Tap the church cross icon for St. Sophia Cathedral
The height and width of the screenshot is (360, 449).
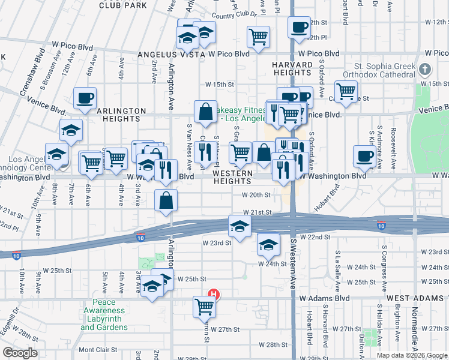pos(426,69)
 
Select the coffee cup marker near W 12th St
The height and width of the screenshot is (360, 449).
pos(299,26)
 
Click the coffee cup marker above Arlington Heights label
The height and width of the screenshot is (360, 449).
pos(85,97)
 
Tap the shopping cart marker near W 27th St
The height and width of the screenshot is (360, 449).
pos(204,306)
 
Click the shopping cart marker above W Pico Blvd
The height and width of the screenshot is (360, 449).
pos(258,35)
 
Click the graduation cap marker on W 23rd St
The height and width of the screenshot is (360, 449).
pos(239,226)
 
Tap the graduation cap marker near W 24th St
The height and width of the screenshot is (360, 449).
pos(268,243)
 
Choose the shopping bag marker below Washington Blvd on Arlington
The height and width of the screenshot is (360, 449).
pos(166,200)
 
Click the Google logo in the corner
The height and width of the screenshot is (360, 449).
pos(19,353)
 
